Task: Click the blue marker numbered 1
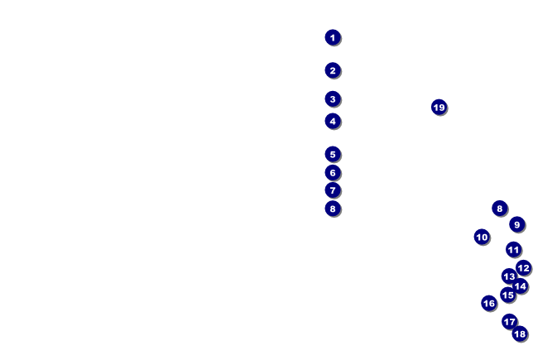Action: pos(333,37)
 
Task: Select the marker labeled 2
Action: pos(333,70)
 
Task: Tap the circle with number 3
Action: pos(333,99)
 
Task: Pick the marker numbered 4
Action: pos(333,121)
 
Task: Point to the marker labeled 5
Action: pos(333,155)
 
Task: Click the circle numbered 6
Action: pos(333,173)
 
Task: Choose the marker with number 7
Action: pos(333,190)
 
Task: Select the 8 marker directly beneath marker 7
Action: pos(333,209)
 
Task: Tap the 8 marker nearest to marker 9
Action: pos(500,209)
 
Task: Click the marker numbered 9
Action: pos(517,224)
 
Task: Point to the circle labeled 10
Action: pos(482,237)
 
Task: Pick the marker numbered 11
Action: pos(514,249)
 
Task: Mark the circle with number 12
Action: pos(524,267)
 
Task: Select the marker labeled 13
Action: pos(509,276)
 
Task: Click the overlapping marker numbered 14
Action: pos(520,286)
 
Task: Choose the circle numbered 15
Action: pos(508,295)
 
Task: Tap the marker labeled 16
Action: pos(489,304)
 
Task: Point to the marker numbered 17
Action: pos(510,322)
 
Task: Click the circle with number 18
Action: pos(520,334)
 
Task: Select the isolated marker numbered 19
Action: pos(439,108)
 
